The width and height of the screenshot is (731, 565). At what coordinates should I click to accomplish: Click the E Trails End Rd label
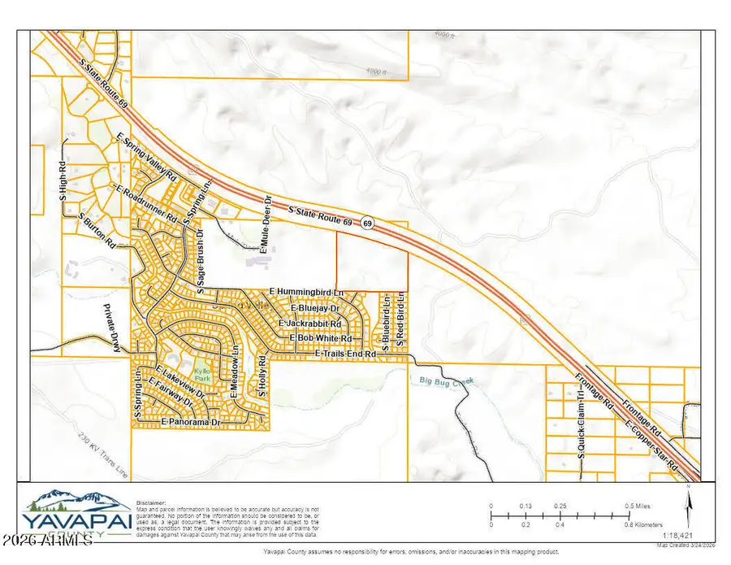pyautogui.click(x=346, y=354)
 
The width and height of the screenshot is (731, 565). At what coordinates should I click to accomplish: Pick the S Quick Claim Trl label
pyautogui.click(x=582, y=445)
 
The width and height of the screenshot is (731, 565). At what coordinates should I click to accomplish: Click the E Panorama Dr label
pyautogui.click(x=192, y=424)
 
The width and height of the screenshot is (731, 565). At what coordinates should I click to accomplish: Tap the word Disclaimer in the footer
pyautogui.click(x=151, y=502)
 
